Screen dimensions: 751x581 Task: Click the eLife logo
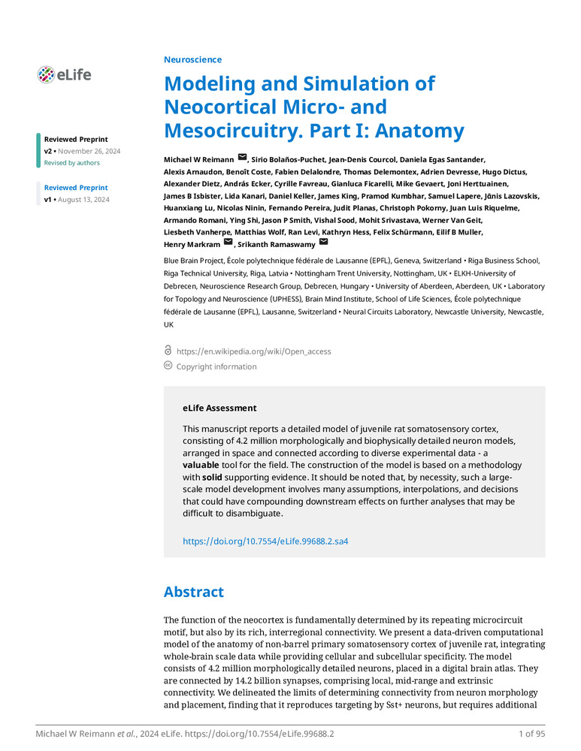point(64,74)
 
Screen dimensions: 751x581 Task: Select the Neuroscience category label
point(192,59)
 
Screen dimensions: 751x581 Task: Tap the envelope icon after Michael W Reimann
point(242,157)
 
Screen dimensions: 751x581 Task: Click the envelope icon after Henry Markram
point(228,243)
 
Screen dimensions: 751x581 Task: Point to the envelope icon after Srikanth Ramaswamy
point(324,243)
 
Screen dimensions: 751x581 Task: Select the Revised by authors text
point(71,163)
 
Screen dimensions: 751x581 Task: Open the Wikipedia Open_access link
point(253,351)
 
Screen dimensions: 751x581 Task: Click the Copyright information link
point(216,366)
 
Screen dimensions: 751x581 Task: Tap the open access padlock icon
point(168,351)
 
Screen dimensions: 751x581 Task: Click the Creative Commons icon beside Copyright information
point(168,366)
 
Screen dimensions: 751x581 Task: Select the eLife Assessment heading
point(219,408)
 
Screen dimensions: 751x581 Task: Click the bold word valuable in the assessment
point(202,465)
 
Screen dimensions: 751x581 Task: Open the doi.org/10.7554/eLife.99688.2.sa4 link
point(265,541)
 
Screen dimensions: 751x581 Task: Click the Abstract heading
point(194,592)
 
